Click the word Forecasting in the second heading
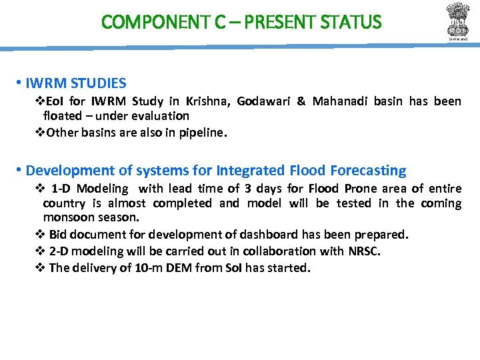click(x=367, y=171)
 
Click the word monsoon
click(x=65, y=217)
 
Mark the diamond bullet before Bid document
click(x=39, y=235)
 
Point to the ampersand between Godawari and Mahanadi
click(x=301, y=101)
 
